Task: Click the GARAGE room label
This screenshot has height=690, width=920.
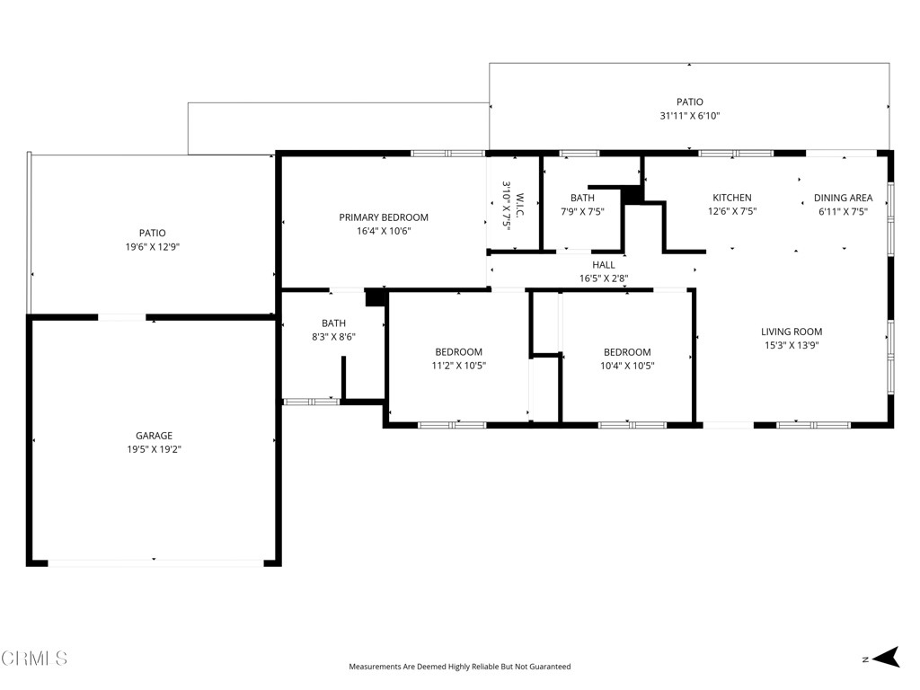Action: coord(154,436)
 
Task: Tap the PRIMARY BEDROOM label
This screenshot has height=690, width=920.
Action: coord(384,217)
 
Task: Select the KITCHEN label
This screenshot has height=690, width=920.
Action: coord(731,198)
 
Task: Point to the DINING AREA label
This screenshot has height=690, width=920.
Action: coord(843,198)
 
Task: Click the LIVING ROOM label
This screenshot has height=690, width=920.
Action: coord(792,332)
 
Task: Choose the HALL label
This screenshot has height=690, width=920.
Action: coord(603,265)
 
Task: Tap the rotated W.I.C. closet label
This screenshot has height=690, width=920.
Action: coord(520,205)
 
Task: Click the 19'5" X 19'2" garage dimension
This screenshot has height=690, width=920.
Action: coord(155,449)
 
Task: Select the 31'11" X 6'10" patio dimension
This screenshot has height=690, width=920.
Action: coord(690,116)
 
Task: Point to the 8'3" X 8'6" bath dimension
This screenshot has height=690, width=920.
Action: coord(333,337)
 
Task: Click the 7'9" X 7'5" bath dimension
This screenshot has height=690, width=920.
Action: coord(582,212)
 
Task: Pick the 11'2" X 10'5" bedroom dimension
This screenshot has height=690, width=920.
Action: coord(459,366)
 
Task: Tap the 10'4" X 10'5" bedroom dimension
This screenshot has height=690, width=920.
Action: coord(627,366)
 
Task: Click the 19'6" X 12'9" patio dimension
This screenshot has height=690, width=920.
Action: coord(153,247)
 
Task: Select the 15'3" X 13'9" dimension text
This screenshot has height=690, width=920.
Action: coord(792,346)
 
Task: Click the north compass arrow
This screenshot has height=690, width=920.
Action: coord(886,657)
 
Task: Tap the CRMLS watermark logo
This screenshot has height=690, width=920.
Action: coord(34,659)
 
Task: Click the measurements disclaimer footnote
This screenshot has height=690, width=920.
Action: coord(460,667)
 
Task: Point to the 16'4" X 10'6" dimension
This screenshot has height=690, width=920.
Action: coord(384,231)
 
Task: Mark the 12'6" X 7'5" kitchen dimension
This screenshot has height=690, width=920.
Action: coord(732,212)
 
